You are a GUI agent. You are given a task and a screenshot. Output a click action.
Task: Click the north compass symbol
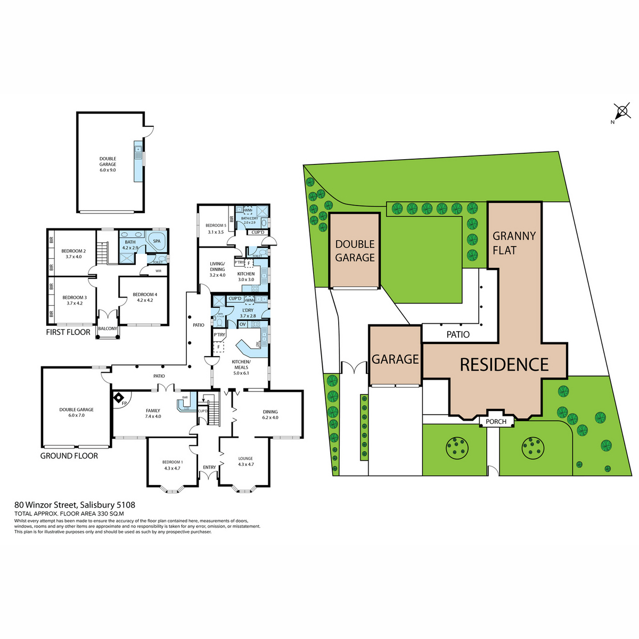tap(621, 112)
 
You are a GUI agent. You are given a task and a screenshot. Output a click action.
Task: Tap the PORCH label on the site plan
tap(496, 421)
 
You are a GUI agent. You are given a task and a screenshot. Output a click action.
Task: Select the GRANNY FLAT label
tap(514, 243)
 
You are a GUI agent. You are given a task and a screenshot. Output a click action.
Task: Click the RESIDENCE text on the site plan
tap(504, 365)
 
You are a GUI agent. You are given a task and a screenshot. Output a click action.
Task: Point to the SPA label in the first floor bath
tap(157, 241)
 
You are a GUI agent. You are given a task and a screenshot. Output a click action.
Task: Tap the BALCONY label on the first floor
tap(108, 329)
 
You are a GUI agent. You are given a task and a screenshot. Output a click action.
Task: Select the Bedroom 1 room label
tap(172, 465)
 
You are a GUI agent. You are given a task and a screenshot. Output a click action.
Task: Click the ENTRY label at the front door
tap(209, 468)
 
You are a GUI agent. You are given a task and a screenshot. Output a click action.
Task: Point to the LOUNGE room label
tap(245, 461)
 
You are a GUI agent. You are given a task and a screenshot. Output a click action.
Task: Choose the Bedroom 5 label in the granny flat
tap(216, 228)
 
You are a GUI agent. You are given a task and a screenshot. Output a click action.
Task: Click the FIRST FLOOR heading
tap(68, 332)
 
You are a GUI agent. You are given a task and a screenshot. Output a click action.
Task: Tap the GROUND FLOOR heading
tap(69, 456)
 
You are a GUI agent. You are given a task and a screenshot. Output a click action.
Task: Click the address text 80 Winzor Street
tap(75, 505)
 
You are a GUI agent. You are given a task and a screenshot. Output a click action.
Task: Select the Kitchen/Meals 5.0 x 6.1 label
tap(241, 367)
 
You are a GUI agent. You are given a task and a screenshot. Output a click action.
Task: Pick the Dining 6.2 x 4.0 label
tap(270, 414)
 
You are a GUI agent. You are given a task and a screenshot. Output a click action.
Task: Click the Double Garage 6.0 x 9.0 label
tap(108, 161)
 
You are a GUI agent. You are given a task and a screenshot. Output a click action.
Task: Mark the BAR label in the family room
tap(185, 397)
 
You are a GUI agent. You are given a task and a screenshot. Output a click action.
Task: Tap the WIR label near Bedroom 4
tap(158, 271)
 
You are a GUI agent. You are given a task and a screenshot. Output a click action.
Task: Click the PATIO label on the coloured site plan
tap(458, 334)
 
